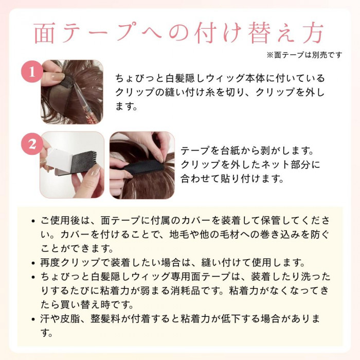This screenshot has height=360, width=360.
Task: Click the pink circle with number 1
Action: pos(32,71)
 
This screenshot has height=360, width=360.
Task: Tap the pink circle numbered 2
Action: pos(32,144)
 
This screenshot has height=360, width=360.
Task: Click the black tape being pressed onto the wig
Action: pos(142,167)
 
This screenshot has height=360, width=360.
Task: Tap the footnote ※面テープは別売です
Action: pos(304,55)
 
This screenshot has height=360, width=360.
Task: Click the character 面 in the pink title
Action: pos(44,32)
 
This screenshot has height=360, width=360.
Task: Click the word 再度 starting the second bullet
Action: pos(50,262)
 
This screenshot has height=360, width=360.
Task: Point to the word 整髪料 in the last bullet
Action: pos(105,319)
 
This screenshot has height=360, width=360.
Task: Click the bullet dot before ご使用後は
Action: pos(33,221)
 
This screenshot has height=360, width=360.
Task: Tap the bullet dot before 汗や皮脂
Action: pos(33,319)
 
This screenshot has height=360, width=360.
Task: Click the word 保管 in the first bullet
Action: pos(271,221)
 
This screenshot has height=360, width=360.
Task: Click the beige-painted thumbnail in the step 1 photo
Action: pos(58,77)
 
